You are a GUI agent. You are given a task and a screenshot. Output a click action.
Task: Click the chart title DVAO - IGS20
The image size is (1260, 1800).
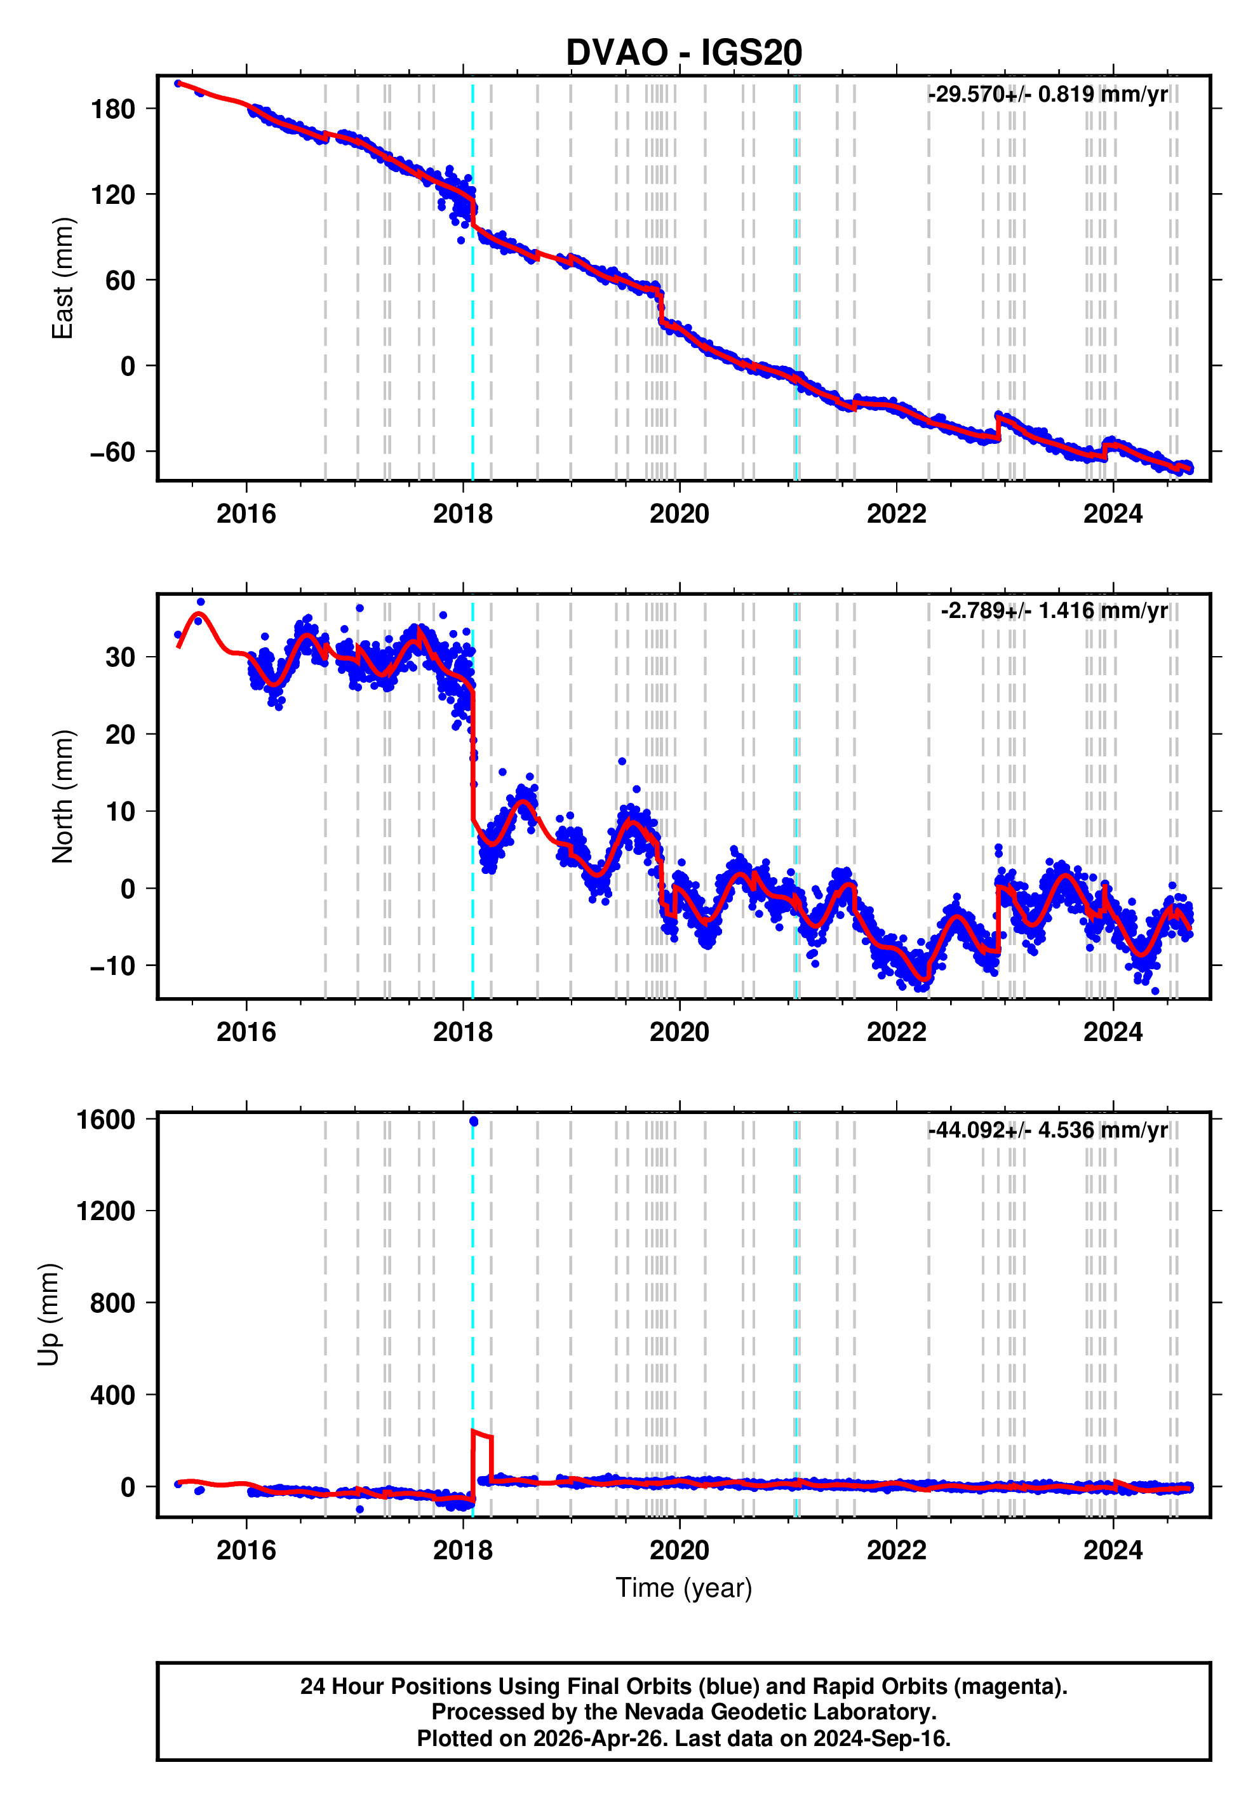coord(684,53)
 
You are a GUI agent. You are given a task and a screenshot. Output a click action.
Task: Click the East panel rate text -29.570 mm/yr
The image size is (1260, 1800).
coord(1047,95)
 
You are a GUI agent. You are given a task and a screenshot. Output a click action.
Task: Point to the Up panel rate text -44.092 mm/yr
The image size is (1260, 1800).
coord(1047,1130)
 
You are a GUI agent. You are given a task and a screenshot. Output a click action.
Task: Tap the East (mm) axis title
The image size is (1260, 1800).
coord(62,278)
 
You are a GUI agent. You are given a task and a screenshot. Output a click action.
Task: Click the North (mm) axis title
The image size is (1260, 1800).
coord(62,796)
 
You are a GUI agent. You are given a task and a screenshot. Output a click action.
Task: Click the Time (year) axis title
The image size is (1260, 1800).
coord(684,1587)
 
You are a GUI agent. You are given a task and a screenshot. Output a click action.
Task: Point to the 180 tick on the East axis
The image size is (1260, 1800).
coord(113,109)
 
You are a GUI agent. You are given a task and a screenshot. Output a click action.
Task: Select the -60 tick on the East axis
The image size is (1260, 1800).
coord(113,452)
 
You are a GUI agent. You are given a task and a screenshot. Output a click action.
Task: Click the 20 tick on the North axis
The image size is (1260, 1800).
coord(121,735)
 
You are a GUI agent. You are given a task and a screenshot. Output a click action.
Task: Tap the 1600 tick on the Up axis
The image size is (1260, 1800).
coord(106,1120)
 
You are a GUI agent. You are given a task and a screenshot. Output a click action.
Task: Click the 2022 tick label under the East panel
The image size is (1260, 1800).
coord(896,514)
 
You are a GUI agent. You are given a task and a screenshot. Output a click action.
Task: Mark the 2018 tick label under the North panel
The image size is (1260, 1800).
coord(462,1033)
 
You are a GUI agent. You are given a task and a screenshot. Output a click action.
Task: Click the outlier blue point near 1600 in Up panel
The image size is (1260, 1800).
coord(474,1122)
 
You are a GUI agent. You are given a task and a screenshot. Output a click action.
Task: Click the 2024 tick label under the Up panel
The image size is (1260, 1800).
coord(1113,1550)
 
